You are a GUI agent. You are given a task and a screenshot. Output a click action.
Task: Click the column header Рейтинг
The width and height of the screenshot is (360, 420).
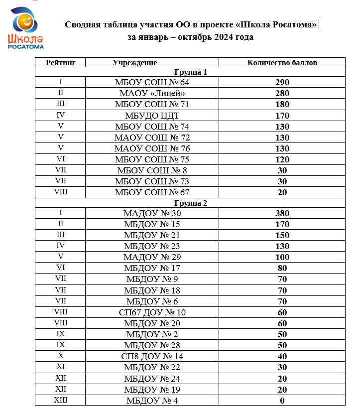[60, 62]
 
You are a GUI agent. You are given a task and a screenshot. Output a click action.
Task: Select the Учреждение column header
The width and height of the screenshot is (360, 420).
[135, 62]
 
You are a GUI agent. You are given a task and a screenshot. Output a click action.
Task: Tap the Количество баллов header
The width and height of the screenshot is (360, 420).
[282, 62]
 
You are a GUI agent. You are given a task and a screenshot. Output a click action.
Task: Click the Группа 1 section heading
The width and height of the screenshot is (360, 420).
[190, 72]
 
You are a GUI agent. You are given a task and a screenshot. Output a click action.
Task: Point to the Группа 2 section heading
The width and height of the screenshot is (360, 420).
[190, 203]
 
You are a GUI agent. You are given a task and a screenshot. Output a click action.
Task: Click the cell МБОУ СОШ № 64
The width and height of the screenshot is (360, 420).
[152, 82]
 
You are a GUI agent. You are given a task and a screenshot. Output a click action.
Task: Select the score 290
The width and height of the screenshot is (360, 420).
[282, 82]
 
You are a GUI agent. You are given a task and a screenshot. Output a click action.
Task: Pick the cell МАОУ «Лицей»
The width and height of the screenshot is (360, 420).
[152, 93]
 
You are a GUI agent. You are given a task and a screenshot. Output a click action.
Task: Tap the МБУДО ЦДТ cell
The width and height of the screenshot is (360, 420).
[152, 115]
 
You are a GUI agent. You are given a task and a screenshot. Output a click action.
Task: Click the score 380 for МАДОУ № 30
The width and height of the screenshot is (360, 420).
[282, 213]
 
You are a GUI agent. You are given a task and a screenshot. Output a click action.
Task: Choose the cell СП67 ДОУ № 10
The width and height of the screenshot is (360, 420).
[152, 312]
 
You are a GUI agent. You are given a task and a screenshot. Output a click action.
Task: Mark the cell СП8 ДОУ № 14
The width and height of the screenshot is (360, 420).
[152, 356]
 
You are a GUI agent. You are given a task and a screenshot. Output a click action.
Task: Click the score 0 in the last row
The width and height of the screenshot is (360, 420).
[282, 400]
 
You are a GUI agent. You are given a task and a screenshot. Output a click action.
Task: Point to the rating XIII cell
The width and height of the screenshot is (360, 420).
[60, 400]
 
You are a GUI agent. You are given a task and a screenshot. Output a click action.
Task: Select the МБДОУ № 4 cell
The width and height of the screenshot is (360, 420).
[152, 400]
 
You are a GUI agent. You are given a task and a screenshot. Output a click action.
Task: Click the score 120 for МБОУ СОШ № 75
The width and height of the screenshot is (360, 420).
[282, 159]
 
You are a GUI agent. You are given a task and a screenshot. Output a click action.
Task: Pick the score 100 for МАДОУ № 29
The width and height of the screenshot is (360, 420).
[282, 257]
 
